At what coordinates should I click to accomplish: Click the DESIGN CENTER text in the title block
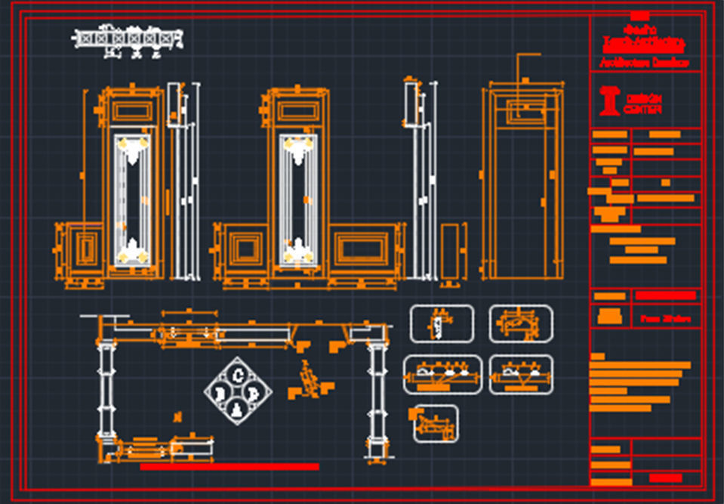[x=642, y=104]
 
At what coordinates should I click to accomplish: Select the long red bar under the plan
[x=230, y=467]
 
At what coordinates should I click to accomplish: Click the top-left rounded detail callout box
[x=441, y=324]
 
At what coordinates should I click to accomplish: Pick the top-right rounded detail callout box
[x=521, y=324]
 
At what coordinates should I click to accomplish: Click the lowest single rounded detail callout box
[x=436, y=424]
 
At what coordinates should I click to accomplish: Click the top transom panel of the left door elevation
[x=132, y=111]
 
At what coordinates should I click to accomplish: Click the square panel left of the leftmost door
[x=83, y=248]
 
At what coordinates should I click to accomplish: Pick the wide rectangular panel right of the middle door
[x=362, y=249]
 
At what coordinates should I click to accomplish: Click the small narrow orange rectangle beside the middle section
[x=450, y=251]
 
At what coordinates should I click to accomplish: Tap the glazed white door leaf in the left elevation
[x=132, y=199]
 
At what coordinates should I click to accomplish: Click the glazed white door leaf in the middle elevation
[x=297, y=199]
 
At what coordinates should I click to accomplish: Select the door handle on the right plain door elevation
[x=544, y=199]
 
